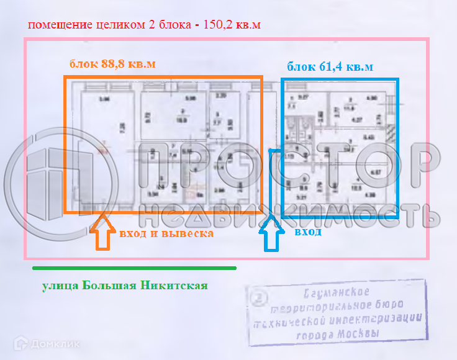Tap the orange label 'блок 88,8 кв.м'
point(112,64)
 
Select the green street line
point(134,268)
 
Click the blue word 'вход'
point(308,232)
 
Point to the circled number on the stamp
point(259,299)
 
